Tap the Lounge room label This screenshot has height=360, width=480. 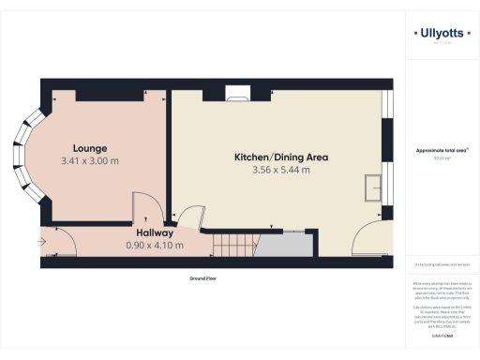(x=91, y=148)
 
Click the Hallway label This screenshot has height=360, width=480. (x=154, y=232)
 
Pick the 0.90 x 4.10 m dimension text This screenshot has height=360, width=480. (x=154, y=245)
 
